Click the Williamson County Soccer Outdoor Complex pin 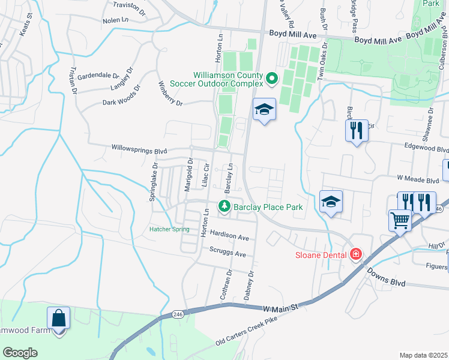click(271, 78)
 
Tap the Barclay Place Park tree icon click(225, 206)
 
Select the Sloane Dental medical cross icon click(356, 254)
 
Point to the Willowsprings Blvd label click(139, 148)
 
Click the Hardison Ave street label click(229, 236)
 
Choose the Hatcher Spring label click(169, 229)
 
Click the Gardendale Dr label click(98, 76)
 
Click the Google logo click(20, 353)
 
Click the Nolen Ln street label click(115, 20)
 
